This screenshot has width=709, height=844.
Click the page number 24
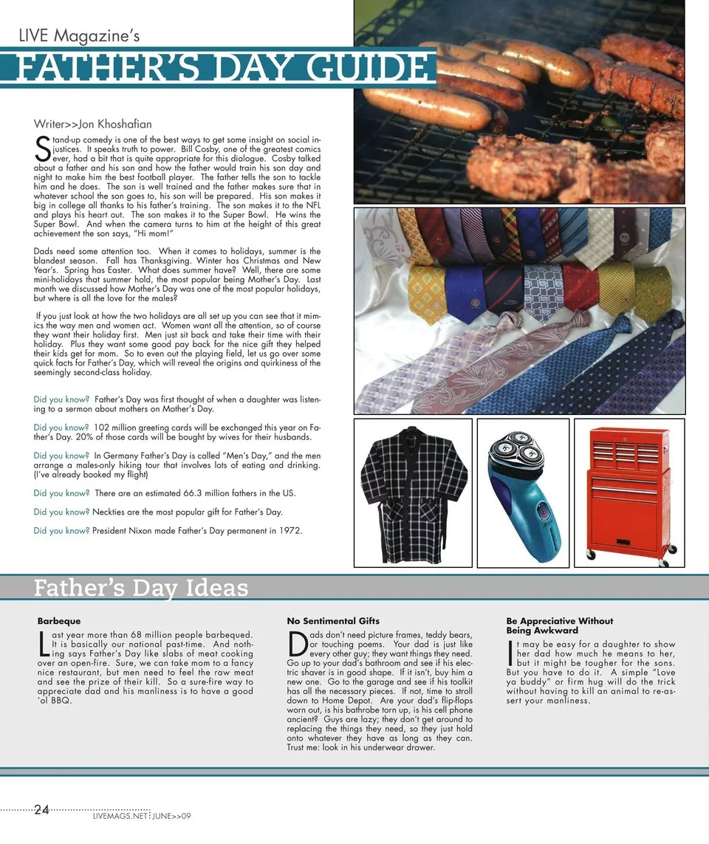[x=41, y=810]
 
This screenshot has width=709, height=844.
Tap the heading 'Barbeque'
[x=59, y=621]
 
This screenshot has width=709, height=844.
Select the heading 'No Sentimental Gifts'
[x=333, y=621]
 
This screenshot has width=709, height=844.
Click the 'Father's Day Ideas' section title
[x=141, y=589]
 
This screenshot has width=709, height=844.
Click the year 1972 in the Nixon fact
[x=290, y=531]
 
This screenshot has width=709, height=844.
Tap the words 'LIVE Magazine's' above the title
[x=79, y=35]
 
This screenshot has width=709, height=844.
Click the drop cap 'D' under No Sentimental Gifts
[x=297, y=642]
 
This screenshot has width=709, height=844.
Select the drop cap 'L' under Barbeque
[x=44, y=642]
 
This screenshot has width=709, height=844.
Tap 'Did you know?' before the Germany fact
[x=61, y=456]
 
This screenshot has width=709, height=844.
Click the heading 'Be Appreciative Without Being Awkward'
[x=560, y=626]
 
